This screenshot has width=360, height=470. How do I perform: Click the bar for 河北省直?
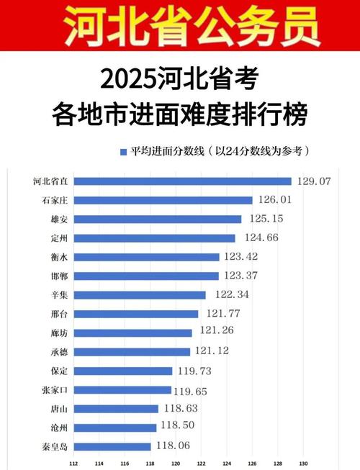click(183, 181)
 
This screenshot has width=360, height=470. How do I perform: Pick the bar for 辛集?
click(140, 294)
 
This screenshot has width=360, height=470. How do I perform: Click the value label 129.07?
click(314, 181)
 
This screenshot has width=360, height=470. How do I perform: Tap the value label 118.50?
click(179, 427)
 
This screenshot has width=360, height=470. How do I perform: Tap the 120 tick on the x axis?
click(176, 463)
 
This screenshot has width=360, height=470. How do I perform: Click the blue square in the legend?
click(123, 152)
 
